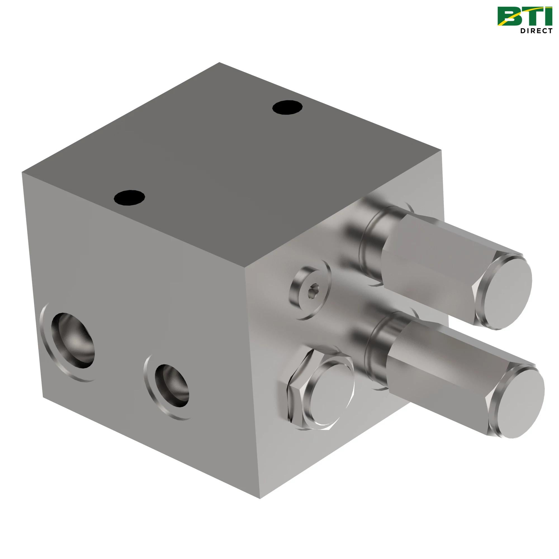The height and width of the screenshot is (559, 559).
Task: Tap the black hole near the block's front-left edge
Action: coord(129,197)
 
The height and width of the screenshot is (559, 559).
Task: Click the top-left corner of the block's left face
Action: coord(22,172)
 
